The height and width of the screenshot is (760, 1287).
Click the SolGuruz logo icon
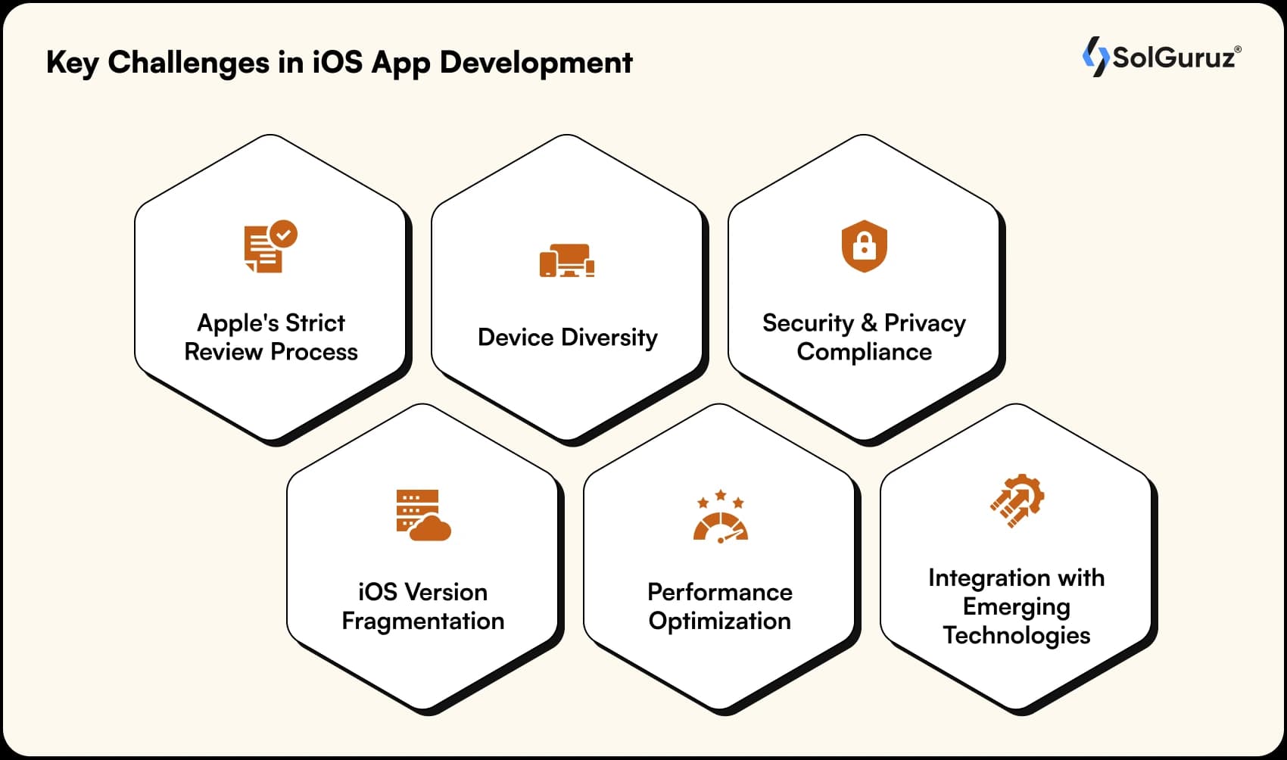1095,57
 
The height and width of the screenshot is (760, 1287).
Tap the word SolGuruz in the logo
1173,58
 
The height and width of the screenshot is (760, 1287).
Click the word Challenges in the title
189,63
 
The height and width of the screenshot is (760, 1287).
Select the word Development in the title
536,63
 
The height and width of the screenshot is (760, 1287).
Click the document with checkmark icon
270,247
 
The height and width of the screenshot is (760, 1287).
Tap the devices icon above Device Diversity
567,261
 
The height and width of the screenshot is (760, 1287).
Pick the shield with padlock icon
864,246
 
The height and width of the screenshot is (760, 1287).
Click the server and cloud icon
422,515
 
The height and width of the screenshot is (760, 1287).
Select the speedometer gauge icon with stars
720,516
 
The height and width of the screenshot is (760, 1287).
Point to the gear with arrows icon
1017,500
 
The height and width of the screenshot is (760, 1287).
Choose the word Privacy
924,323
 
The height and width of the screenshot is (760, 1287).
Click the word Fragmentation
422,621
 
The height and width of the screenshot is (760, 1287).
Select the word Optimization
719,621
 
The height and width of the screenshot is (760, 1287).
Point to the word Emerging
1016,607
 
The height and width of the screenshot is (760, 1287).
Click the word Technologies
1016,636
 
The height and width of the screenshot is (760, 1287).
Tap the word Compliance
864,352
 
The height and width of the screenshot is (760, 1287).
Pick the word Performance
719,592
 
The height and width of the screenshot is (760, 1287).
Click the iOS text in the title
337,63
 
